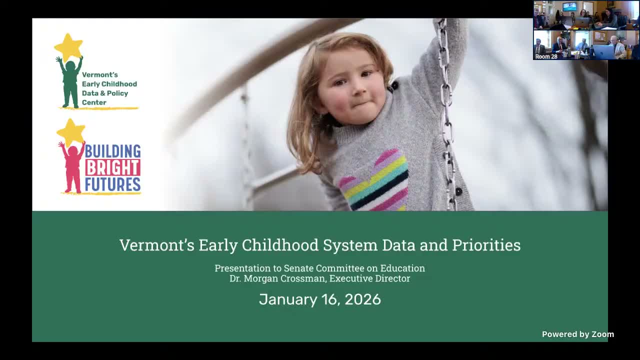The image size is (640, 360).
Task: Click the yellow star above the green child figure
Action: click(68, 47)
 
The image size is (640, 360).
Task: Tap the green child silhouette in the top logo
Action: click(70, 82)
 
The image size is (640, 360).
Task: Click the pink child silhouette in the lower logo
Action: click(72, 167)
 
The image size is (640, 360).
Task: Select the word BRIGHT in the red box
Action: click(112, 167)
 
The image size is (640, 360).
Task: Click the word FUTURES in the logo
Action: click(112, 184)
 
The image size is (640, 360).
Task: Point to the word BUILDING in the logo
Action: click(112, 151)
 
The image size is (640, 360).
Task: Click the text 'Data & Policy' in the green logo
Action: click(105, 93)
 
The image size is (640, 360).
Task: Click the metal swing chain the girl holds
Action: click(445, 100)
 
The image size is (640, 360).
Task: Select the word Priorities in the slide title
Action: click(486, 245)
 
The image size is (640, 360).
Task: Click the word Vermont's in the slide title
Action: click(156, 245)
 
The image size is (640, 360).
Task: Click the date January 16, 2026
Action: click(320, 299)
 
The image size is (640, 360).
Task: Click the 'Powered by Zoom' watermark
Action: click(577, 334)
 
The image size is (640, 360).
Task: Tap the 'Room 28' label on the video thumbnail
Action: click(546, 56)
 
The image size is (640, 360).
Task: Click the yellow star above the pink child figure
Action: click(71, 132)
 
